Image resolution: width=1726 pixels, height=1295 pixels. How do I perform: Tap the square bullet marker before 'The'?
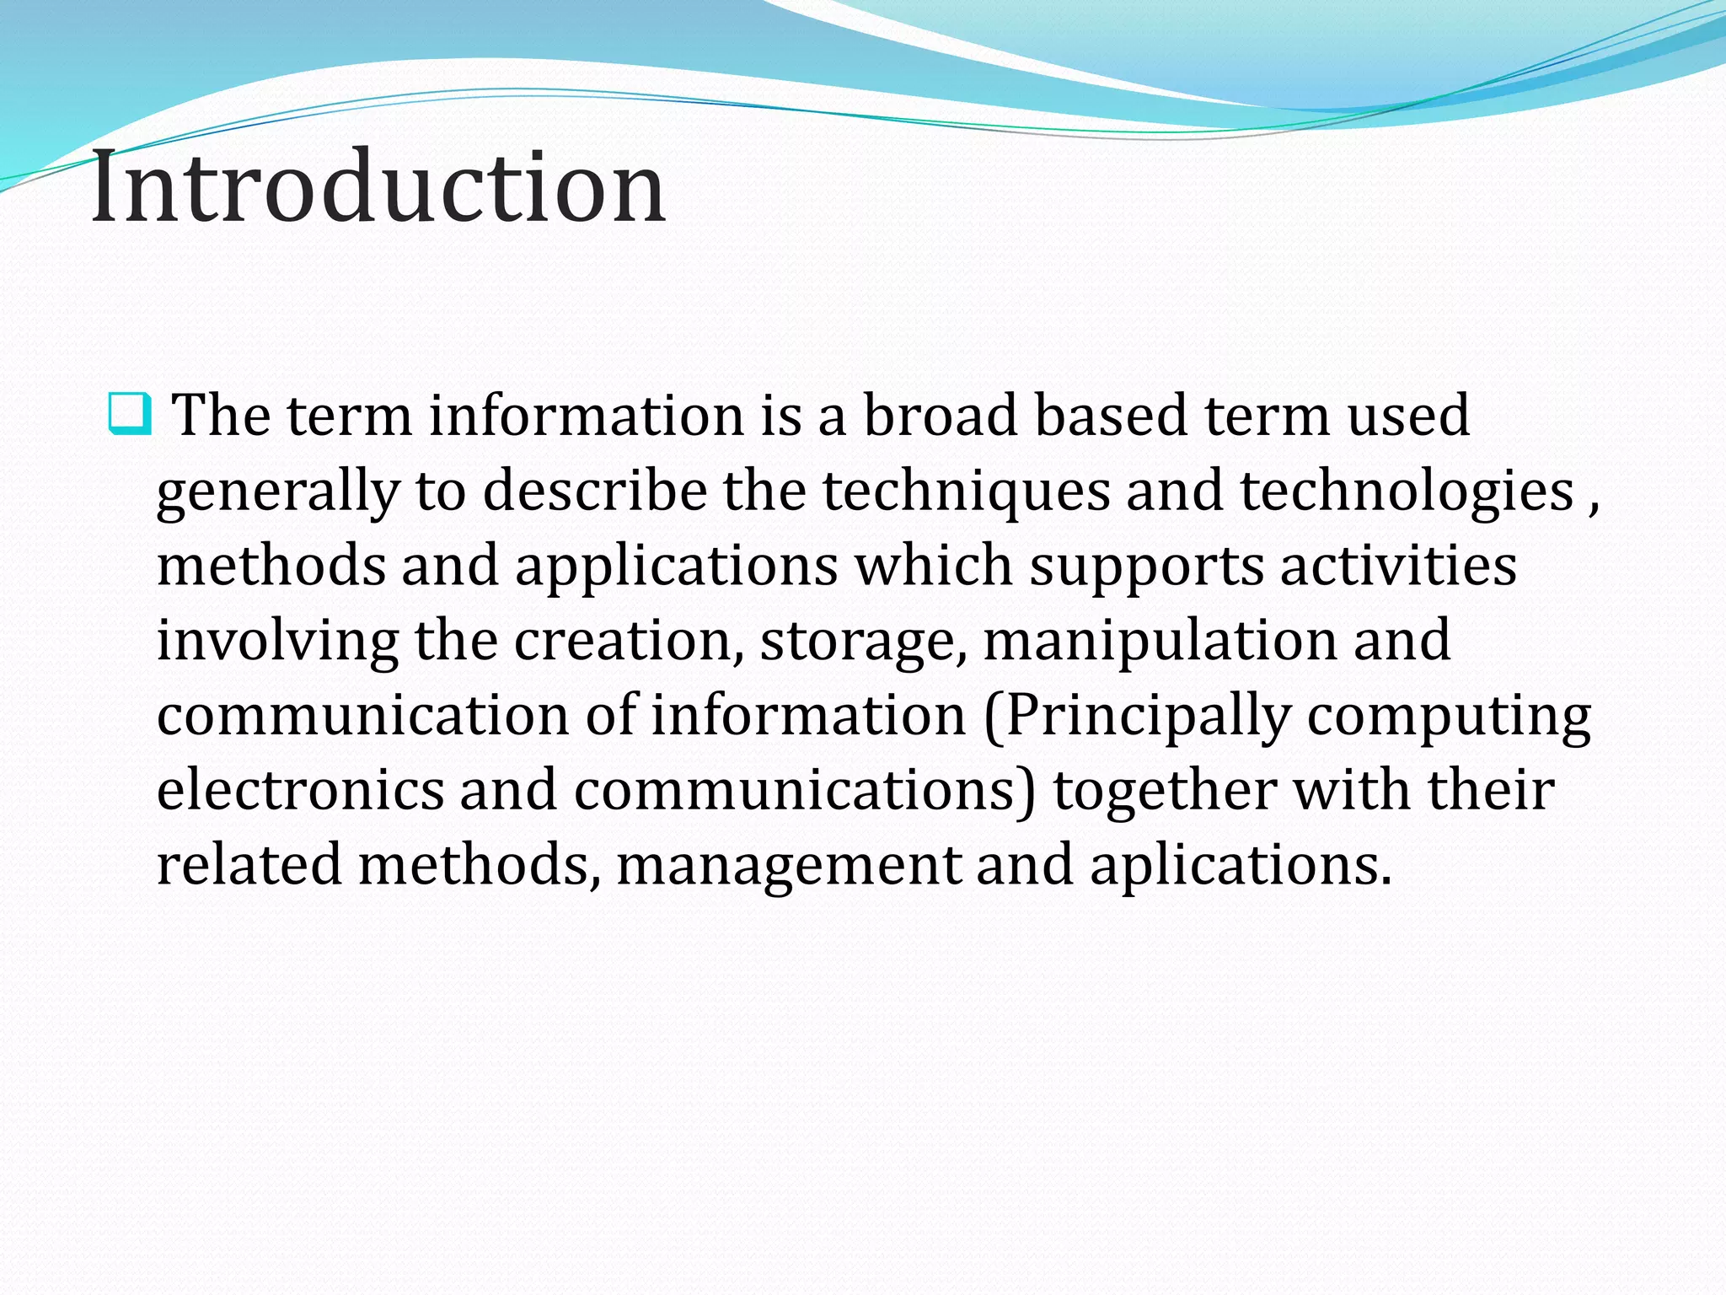[x=130, y=414]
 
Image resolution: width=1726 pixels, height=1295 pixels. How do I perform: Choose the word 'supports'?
[x=1146, y=566]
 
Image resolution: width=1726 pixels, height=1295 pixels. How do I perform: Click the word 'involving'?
[x=277, y=640]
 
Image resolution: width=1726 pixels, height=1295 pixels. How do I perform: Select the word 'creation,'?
[x=629, y=640]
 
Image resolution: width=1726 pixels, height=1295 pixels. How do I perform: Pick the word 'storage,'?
[x=863, y=640]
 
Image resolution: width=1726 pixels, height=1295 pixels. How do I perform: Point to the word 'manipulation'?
[x=1160, y=640]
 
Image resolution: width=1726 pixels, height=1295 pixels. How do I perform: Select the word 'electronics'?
[x=300, y=790]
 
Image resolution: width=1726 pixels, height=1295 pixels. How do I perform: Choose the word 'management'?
[x=789, y=865]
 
